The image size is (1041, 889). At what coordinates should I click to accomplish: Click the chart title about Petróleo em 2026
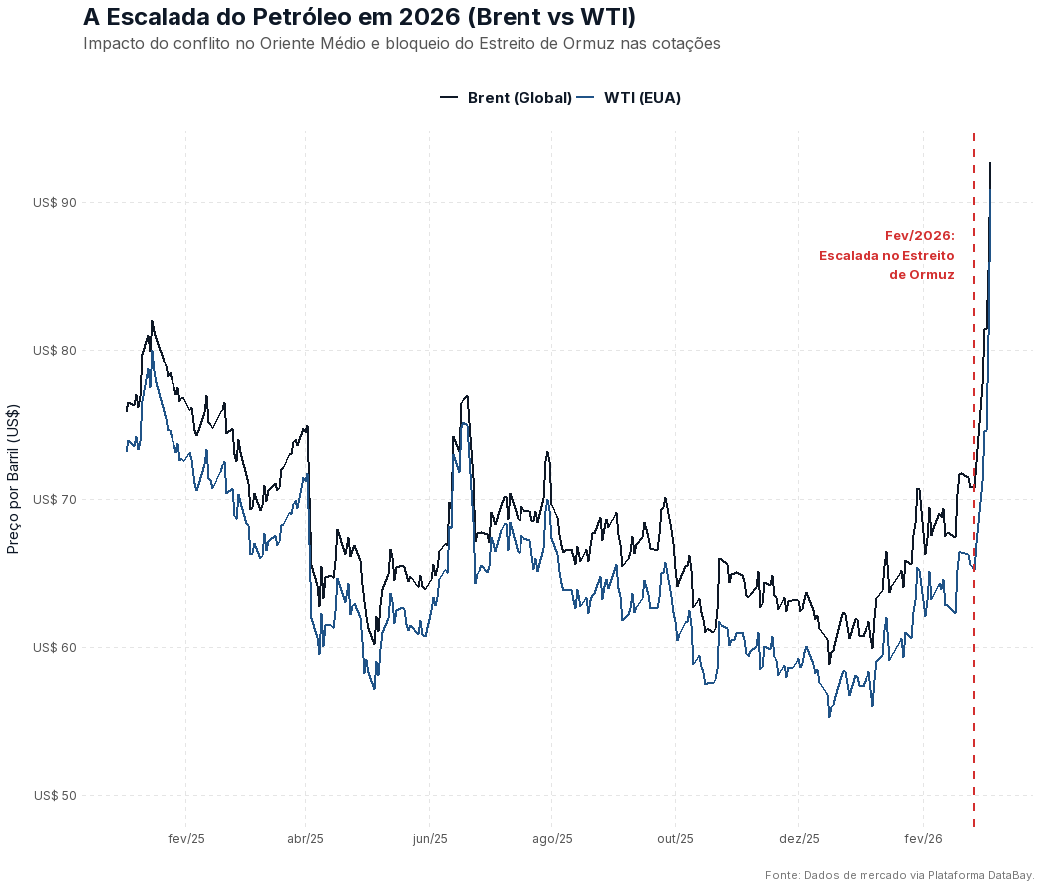[x=359, y=18]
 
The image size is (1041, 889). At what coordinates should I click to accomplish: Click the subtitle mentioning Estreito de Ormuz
[x=402, y=44]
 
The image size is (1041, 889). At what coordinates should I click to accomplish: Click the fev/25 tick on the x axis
[x=186, y=839]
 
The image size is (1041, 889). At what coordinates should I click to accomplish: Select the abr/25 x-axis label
[x=306, y=839]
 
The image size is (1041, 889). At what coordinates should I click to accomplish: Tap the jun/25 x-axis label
[x=430, y=839]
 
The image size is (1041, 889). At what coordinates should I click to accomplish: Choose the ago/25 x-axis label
[x=552, y=839]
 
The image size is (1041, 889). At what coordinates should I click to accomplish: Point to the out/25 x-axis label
[x=675, y=839]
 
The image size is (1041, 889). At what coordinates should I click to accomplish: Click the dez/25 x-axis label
[x=799, y=839]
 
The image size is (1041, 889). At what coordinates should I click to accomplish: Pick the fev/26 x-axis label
[x=923, y=839]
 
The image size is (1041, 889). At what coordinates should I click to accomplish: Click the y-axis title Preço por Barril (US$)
[x=14, y=479]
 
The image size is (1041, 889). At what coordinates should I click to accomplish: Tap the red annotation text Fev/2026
[x=919, y=236]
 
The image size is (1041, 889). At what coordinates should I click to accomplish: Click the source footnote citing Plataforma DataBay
[x=898, y=875]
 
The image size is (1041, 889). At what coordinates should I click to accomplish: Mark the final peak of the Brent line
[x=990, y=162]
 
